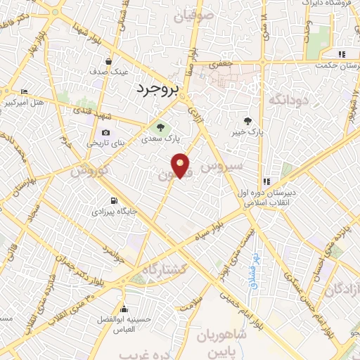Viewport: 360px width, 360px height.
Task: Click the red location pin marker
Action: (x=181, y=165)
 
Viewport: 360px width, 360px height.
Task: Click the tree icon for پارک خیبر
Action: (x=248, y=120)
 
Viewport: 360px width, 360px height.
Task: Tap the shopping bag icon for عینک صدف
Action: (x=108, y=61)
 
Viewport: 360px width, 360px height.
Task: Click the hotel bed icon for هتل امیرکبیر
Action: (x=25, y=91)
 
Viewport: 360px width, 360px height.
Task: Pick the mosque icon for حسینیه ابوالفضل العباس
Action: (x=124, y=309)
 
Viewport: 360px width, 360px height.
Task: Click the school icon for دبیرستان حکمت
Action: (x=342, y=54)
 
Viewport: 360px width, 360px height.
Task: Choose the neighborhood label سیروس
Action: (x=221, y=167)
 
